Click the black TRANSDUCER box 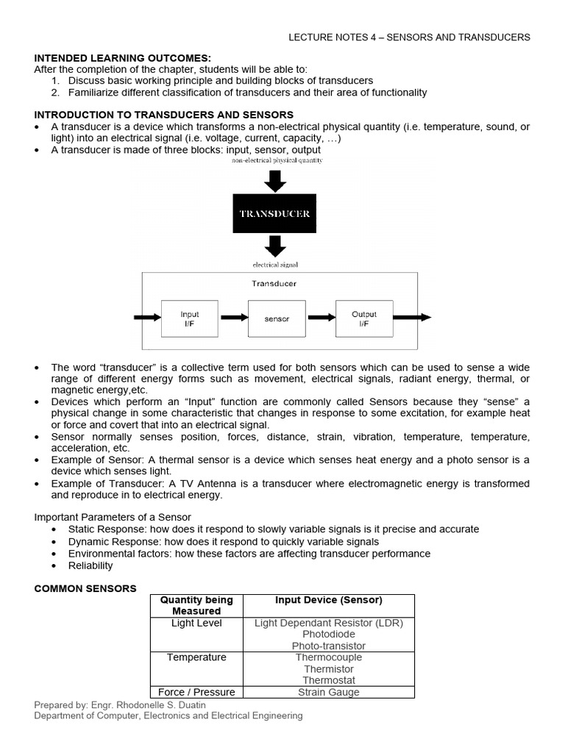point(274,214)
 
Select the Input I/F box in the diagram point(190,318)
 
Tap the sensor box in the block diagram point(277,319)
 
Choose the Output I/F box point(363,318)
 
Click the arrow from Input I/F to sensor point(234,318)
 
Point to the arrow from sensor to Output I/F point(321,318)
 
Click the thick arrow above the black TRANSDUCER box point(274,179)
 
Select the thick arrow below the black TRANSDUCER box point(274,246)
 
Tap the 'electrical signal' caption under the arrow point(275,264)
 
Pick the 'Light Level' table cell point(196,623)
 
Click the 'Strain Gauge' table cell point(328,692)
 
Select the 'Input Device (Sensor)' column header point(328,600)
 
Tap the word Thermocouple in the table point(328,657)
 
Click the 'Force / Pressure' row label point(196,692)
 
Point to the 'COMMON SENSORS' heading point(85,588)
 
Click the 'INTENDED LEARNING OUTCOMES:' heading point(123,57)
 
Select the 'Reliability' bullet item point(90,565)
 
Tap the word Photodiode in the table point(328,634)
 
